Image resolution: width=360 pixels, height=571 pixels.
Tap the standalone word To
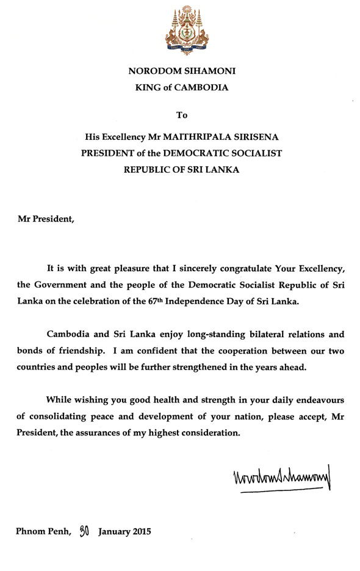[x=181, y=114]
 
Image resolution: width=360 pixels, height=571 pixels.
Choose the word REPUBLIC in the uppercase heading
[x=149, y=170]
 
